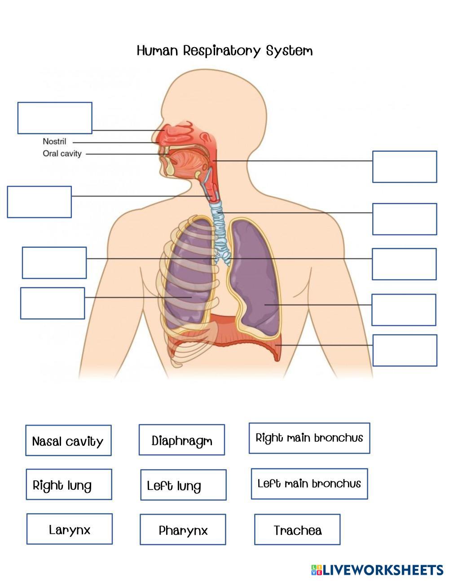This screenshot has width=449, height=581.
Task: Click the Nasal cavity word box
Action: click(68, 440)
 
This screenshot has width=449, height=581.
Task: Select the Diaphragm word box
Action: click(181, 440)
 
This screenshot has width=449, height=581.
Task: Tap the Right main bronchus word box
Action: click(309, 438)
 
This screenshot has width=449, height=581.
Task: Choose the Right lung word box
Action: click(69, 484)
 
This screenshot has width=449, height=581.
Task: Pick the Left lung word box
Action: click(183, 485)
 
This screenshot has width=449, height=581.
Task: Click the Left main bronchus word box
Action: click(309, 484)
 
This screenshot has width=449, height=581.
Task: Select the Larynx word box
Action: click(70, 529)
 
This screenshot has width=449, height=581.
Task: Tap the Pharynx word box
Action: click(183, 530)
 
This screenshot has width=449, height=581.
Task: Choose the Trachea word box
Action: click(297, 530)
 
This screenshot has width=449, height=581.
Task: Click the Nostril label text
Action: click(54, 141)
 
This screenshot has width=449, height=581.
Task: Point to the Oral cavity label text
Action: click(62, 154)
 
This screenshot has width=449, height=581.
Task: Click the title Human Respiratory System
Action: click(224, 50)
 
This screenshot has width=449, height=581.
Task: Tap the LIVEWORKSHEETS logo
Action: click(377, 570)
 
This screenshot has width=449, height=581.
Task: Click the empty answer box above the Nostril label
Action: click(55, 118)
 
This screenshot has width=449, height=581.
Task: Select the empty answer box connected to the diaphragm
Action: click(405, 350)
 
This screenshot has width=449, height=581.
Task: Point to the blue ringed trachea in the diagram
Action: click(220, 224)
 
